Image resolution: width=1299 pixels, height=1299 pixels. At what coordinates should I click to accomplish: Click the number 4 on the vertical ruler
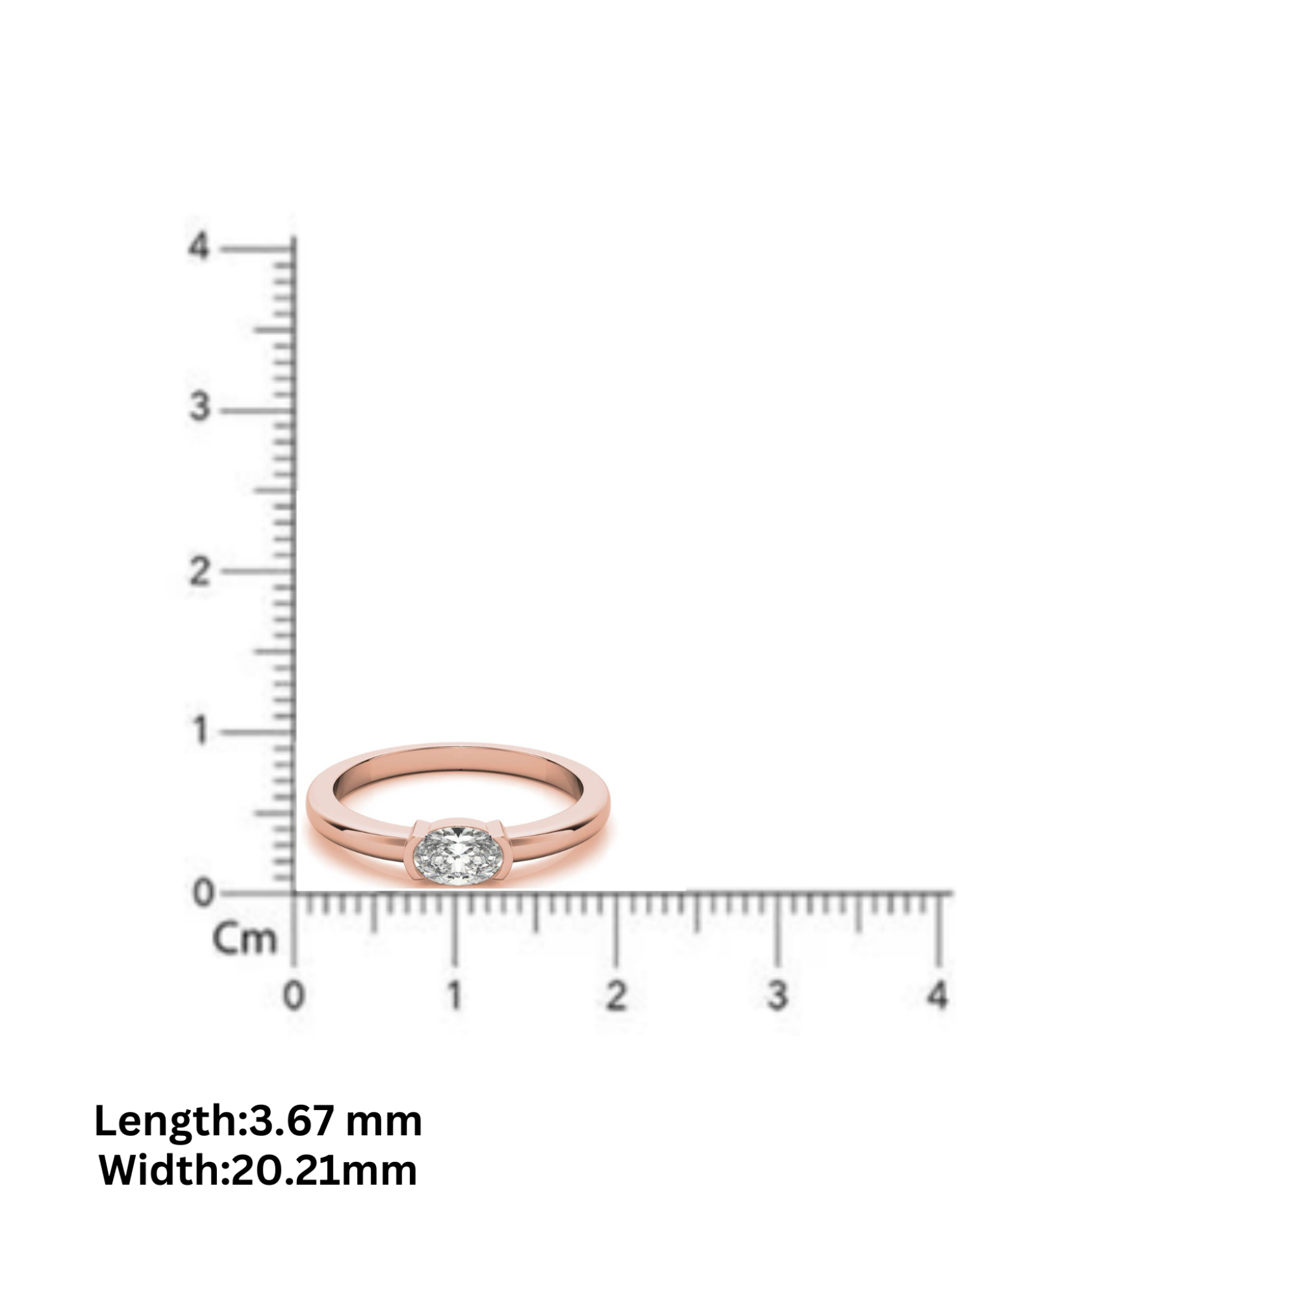[x=199, y=247]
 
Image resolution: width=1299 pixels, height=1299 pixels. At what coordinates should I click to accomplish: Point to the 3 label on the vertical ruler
[x=200, y=407]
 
